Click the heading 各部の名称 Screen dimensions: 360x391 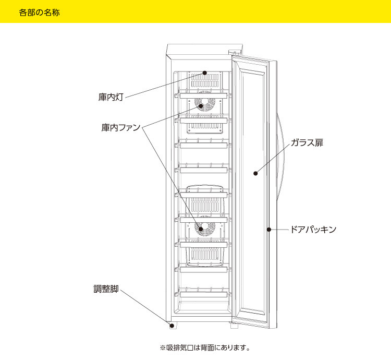(x=39, y=12)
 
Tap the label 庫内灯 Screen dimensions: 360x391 (x=111, y=97)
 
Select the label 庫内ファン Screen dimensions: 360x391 (x=121, y=127)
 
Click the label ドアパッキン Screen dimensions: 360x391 (x=313, y=229)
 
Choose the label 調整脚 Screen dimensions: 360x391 (x=104, y=288)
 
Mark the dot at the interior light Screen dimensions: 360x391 (x=205, y=74)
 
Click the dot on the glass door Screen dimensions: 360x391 (x=255, y=174)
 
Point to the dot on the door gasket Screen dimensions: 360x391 (x=268, y=229)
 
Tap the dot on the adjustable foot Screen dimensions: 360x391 (x=171, y=326)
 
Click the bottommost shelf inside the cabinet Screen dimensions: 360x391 (x=204, y=293)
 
